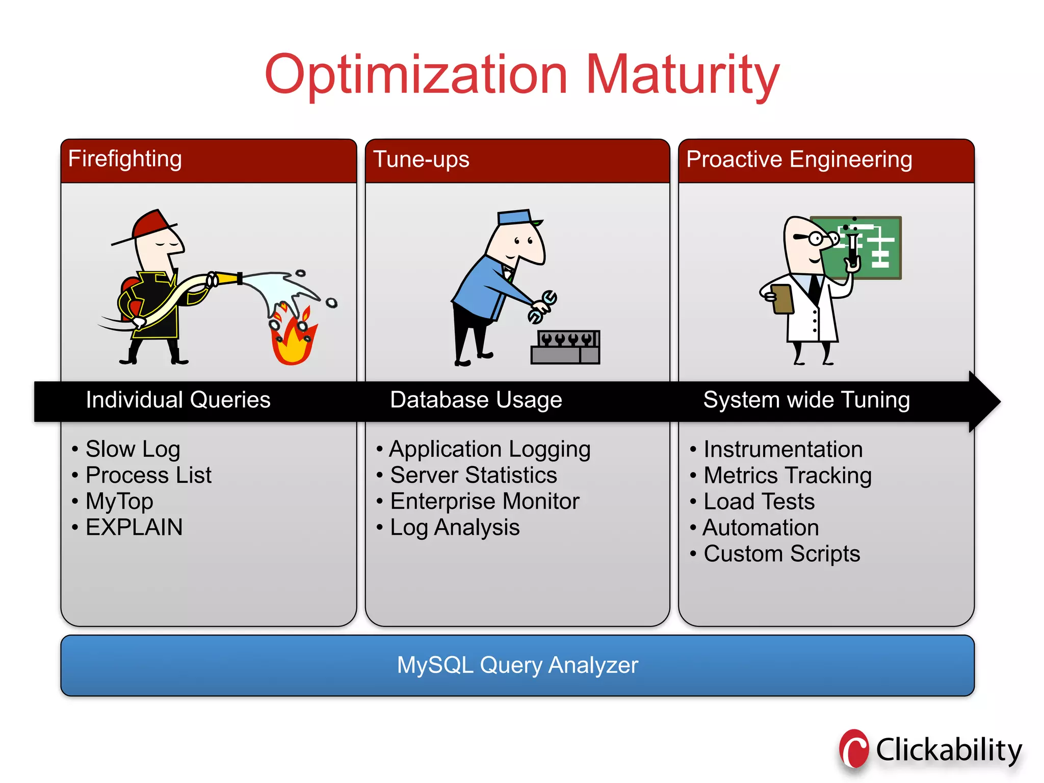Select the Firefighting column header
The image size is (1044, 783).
tap(125, 159)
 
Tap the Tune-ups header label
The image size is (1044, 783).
tap(421, 160)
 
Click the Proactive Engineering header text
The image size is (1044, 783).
tap(799, 160)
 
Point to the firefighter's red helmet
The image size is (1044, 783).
tap(151, 225)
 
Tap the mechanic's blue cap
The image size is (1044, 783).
tap(515, 217)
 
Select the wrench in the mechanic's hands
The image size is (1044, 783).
tap(542, 306)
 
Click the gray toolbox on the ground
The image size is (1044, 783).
tap(565, 348)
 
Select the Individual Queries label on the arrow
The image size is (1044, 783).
tap(178, 400)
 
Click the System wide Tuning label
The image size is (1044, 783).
tap(806, 400)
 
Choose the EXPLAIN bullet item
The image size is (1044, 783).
tap(134, 527)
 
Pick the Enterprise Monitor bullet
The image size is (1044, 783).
tap(484, 502)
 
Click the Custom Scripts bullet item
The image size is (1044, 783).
tap(781, 554)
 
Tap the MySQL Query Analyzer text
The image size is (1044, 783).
tap(517, 665)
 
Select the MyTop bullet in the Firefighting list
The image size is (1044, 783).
tap(119, 502)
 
